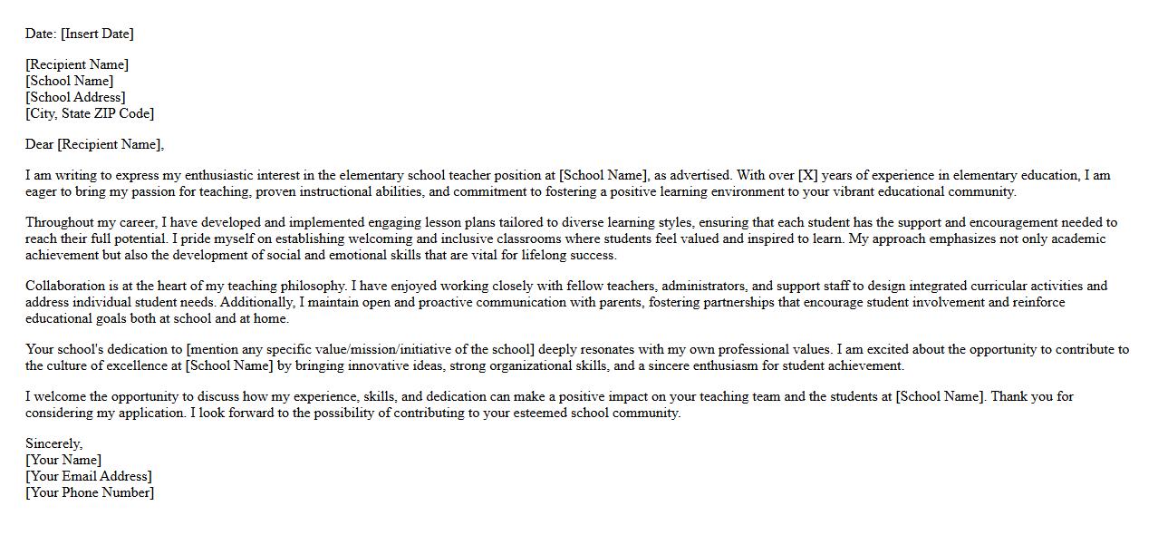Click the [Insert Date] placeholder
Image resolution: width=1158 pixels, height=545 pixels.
tap(97, 34)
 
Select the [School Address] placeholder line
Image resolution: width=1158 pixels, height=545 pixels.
tap(75, 97)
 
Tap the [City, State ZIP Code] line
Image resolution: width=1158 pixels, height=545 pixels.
tap(90, 113)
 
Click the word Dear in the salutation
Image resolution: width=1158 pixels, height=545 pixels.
tap(39, 144)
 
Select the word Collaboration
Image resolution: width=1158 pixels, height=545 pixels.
tap(64, 286)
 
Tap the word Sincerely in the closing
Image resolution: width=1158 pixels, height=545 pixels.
tap(53, 443)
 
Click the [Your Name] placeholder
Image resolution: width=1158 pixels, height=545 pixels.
tap(63, 460)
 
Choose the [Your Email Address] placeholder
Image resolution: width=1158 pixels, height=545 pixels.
tap(89, 476)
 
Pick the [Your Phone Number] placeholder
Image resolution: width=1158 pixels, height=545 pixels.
tap(90, 492)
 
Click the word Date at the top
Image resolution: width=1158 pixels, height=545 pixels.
tap(40, 34)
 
